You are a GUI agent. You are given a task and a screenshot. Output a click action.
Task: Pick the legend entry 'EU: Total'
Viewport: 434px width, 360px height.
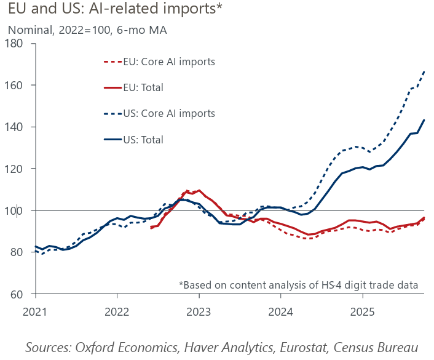tap(143, 87)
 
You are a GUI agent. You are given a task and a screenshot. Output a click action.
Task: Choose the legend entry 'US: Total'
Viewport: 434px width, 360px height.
tap(143, 140)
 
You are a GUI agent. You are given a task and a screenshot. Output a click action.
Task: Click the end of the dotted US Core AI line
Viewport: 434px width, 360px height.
tap(424, 71)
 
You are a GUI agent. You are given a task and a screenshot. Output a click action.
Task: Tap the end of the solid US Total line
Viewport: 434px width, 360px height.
tap(424, 120)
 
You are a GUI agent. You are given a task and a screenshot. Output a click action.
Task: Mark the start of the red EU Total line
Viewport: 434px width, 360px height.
tap(151, 228)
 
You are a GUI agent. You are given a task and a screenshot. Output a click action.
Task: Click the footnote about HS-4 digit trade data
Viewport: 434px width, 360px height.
tap(298, 284)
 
